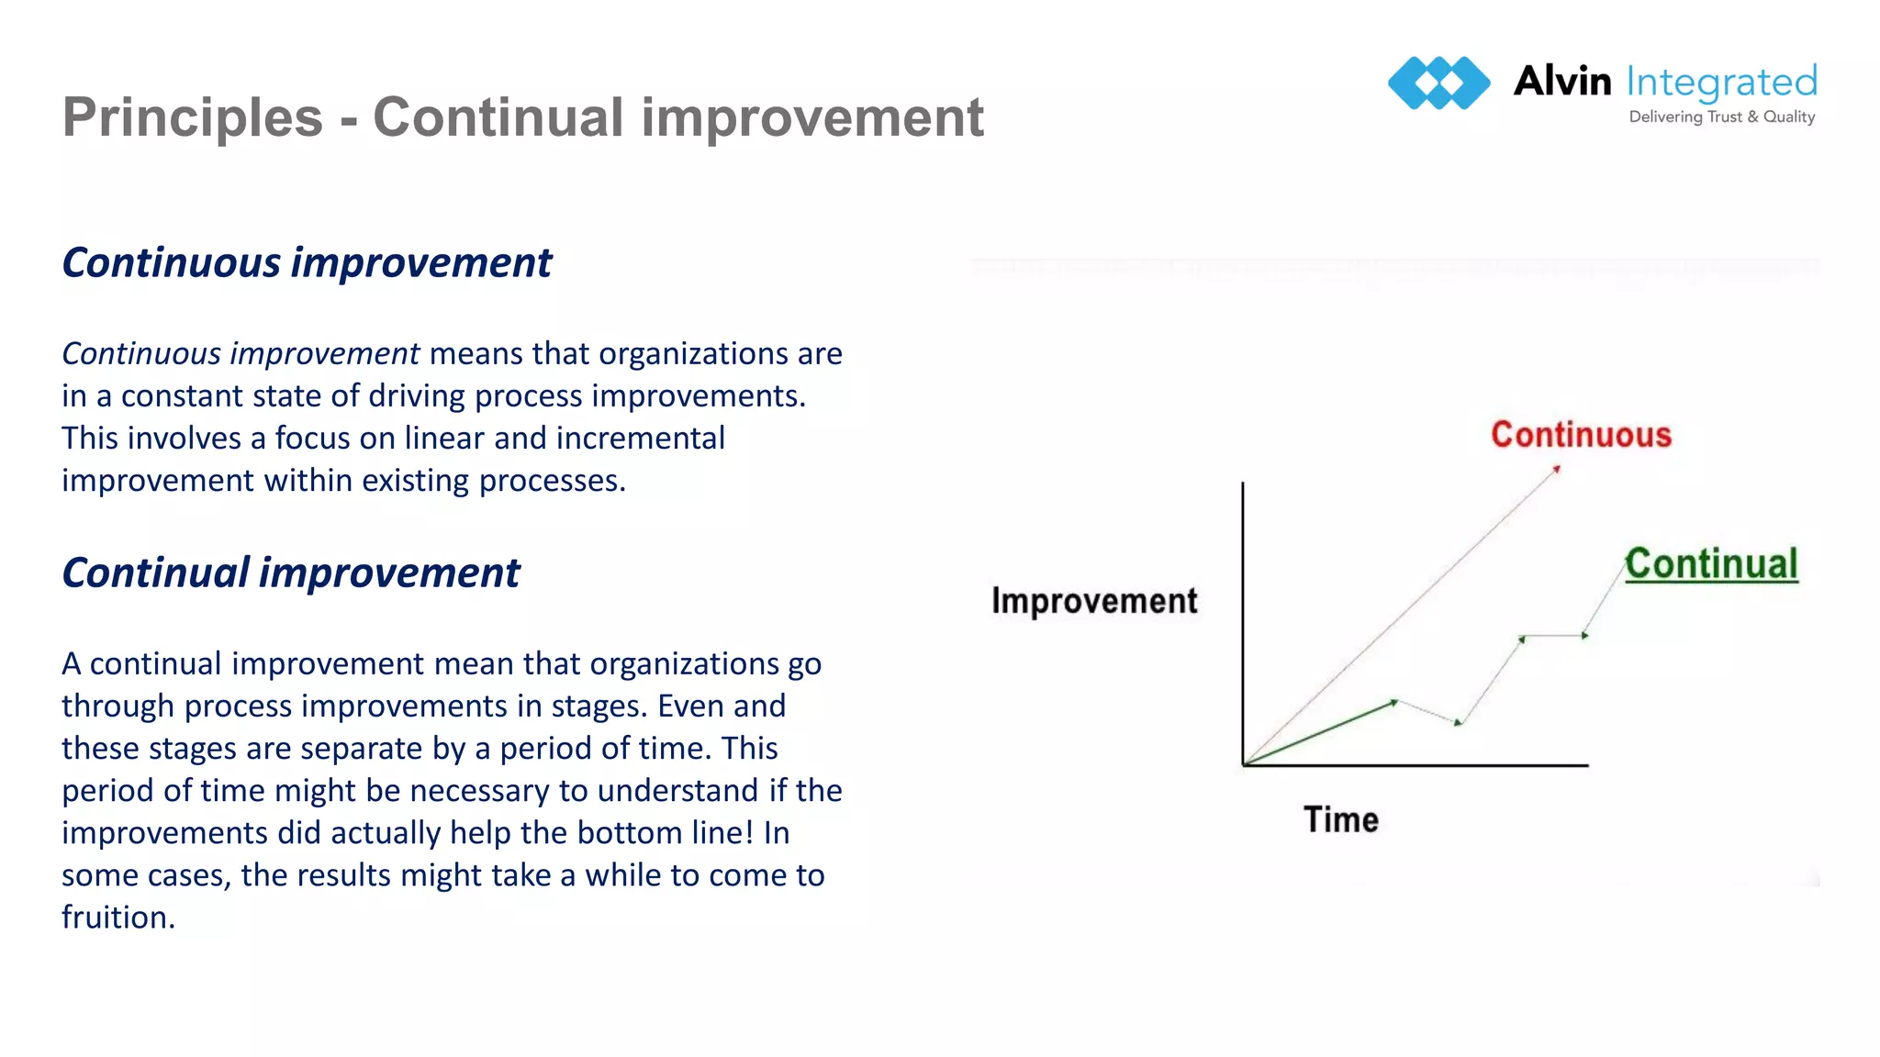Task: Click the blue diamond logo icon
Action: tap(1438, 83)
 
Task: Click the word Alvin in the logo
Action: tap(1561, 82)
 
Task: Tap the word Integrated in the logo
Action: tap(1721, 83)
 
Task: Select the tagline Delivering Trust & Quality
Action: tap(1721, 117)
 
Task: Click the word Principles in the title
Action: tap(193, 117)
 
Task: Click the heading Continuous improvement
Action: tap(307, 262)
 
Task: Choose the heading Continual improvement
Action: tap(290, 573)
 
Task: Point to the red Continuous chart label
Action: tap(1581, 435)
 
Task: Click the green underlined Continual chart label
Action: tap(1711, 564)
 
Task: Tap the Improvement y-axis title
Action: tap(1094, 601)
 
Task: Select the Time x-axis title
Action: tap(1341, 819)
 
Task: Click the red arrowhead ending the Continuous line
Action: tap(1556, 470)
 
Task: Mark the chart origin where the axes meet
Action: tap(1244, 764)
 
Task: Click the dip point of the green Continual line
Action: tap(1459, 723)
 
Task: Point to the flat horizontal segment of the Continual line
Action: tap(1553, 636)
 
